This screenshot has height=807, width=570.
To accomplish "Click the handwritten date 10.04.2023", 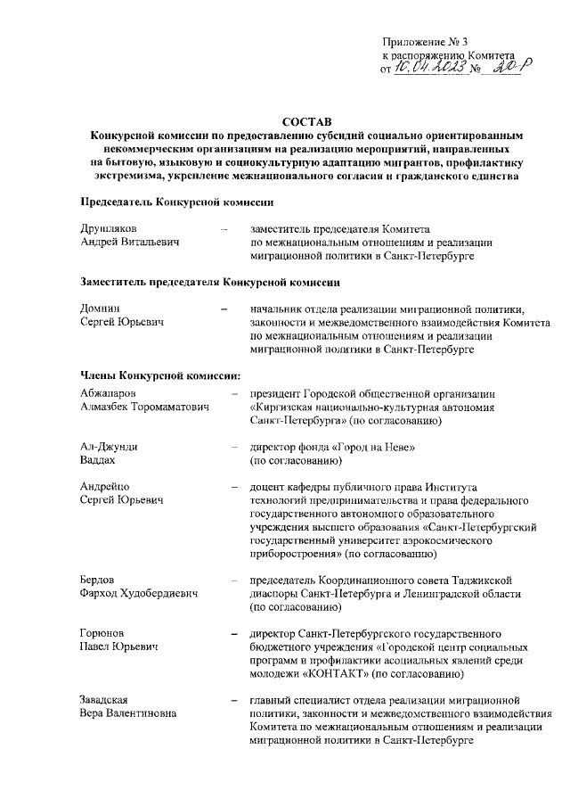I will click(431, 70).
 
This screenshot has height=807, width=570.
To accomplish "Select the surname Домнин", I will click(99, 309).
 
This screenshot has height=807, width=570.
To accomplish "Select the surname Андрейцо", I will click(104, 488).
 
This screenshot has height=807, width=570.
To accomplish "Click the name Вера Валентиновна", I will click(127, 713).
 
